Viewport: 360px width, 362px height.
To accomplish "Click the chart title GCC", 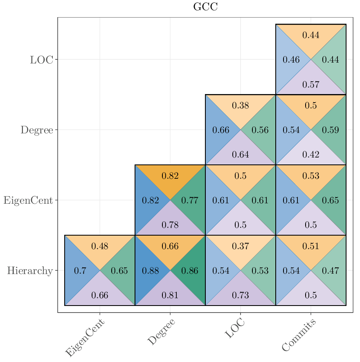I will coord(205,7).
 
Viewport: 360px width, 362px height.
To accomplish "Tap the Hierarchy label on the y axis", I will coord(30,271).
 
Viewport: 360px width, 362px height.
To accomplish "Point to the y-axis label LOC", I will coord(41,60).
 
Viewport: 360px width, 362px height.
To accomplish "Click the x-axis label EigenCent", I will coord(85,338).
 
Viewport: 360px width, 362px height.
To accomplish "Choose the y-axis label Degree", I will coord(37,130).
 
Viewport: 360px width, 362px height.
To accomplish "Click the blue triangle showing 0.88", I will coord(150,271).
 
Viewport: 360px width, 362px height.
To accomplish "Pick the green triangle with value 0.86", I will coord(190,271).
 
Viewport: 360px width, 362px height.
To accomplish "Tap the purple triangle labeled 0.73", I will coord(241,295).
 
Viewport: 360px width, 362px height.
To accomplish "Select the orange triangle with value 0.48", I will coord(100,246).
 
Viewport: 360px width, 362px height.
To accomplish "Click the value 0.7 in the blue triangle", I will coord(80,271).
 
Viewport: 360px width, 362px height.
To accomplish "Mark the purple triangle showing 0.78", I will coord(170,225).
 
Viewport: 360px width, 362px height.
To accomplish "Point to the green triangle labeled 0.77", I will coord(190,200).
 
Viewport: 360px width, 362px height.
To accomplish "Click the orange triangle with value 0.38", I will coord(241,106).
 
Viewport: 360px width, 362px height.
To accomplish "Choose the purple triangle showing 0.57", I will coord(311,85).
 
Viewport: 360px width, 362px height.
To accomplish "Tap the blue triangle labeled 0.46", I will coord(291,60).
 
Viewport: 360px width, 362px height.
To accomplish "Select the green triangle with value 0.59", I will coord(331,130).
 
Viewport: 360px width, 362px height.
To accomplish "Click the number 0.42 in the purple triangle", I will coord(311,155).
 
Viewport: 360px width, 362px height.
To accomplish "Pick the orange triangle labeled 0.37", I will coord(241,246).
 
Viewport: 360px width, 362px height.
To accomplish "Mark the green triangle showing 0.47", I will coord(331,271).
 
